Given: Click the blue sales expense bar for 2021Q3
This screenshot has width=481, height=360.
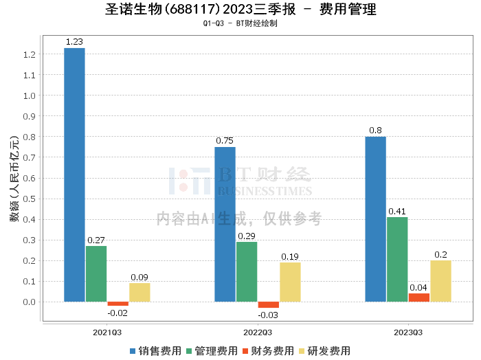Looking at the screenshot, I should pos(74,175).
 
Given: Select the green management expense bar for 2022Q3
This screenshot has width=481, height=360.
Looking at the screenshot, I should pos(247,271).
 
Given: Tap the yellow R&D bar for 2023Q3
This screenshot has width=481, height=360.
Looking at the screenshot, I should pos(440,281).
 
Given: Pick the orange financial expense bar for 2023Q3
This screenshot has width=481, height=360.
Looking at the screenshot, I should pos(419,297).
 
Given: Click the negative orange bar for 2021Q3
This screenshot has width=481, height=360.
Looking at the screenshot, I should pos(118,304).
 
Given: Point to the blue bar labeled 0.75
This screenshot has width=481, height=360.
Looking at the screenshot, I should pos(225,224).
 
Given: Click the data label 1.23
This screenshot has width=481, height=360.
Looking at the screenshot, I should pos(74,42).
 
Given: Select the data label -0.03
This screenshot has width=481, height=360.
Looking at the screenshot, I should pos(268,315).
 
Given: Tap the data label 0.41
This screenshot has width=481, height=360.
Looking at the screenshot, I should pos(397,212).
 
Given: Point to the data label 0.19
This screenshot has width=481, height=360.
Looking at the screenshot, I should pos(290,257).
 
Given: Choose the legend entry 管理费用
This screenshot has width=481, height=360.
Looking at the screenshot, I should pos(212,350).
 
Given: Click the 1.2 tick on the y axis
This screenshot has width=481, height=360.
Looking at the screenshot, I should pos(29,54).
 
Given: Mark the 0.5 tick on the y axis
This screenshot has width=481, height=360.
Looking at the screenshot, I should pos(29,199).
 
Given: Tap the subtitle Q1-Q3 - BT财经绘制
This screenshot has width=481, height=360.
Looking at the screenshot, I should pos(240,23).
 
